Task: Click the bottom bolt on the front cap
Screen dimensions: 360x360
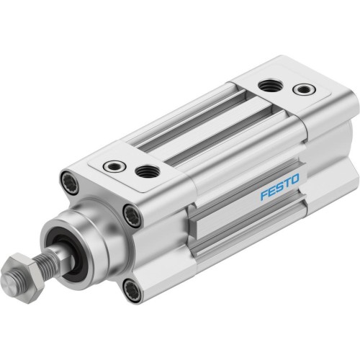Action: (130, 291)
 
